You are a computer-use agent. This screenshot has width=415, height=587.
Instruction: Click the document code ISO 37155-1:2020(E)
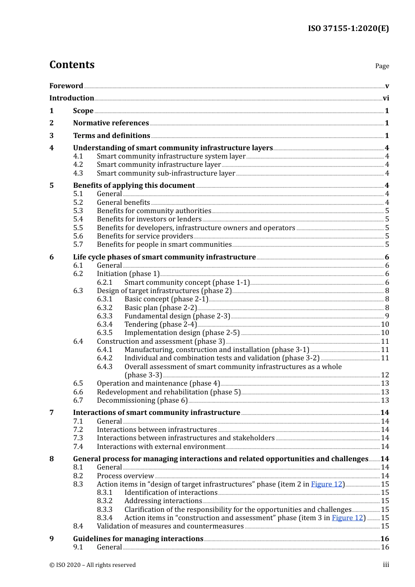click(348, 28)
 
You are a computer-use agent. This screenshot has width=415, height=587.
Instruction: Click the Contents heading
click(72, 65)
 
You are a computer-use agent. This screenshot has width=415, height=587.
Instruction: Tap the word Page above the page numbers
click(382, 66)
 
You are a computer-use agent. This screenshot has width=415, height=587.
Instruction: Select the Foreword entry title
click(66, 86)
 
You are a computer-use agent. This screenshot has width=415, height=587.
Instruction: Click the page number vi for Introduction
click(386, 98)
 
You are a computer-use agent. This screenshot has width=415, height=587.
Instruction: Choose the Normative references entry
click(111, 123)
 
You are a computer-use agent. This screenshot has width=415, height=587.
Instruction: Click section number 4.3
click(78, 173)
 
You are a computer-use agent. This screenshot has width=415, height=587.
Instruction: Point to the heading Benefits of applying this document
click(134, 185)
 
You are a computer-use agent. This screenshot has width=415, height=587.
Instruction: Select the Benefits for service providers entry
click(145, 236)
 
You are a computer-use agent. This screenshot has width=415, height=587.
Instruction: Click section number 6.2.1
click(105, 282)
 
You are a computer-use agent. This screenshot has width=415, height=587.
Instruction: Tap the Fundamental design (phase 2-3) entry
click(177, 316)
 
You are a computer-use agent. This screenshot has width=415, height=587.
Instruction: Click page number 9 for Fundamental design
click(387, 316)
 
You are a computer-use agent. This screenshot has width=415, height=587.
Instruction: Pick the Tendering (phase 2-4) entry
click(160, 324)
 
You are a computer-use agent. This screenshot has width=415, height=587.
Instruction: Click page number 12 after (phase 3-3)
click(385, 375)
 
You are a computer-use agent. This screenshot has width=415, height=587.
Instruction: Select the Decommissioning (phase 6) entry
click(142, 400)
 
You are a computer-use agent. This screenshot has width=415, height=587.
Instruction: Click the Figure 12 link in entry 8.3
click(326, 484)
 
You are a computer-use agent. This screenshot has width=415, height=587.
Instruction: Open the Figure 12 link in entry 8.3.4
click(347, 518)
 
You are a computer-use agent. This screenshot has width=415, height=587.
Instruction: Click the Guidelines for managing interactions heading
click(138, 539)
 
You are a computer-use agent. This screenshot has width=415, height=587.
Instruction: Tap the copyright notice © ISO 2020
click(92, 565)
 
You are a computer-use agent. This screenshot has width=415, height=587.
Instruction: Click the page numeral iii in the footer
click(386, 565)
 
